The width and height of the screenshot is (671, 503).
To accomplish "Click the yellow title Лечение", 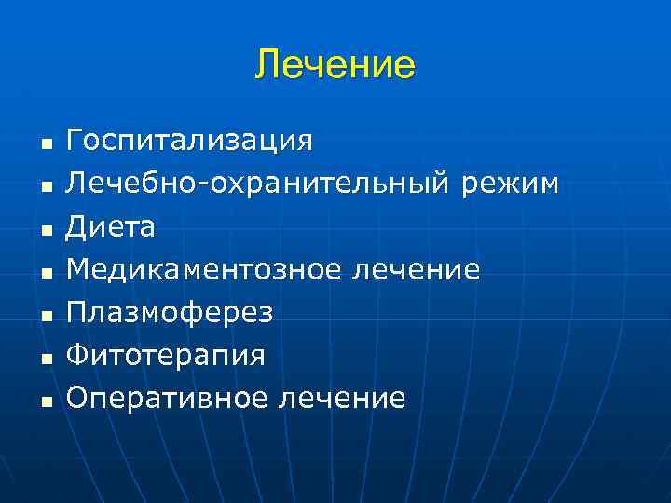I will pyautogui.click(x=335, y=66).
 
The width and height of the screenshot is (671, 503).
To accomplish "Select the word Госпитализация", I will pyautogui.click(x=189, y=142).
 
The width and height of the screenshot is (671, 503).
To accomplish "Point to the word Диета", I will pyautogui.click(x=111, y=227).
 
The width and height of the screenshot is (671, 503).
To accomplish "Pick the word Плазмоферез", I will pyautogui.click(x=170, y=313).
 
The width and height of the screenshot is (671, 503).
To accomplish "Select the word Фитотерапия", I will pyautogui.click(x=166, y=356).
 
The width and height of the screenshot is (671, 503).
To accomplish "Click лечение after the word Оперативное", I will pyautogui.click(x=341, y=399).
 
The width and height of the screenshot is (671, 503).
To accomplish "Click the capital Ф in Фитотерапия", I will pyautogui.click(x=76, y=356).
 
